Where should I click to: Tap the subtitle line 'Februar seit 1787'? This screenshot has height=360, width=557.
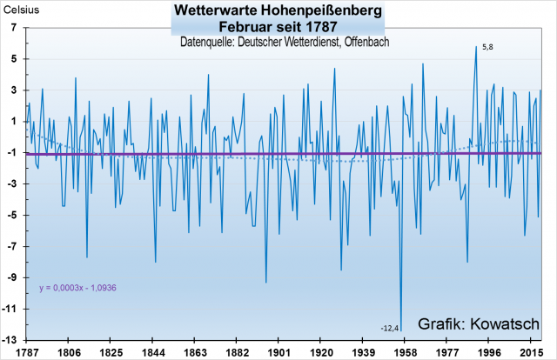pyautogui.click(x=278, y=27)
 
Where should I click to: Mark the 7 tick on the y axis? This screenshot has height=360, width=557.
pyautogui.click(x=15, y=28)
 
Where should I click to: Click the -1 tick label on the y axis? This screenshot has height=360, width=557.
pyautogui.click(x=13, y=152)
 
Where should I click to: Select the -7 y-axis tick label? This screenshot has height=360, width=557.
pyautogui.click(x=13, y=246)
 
